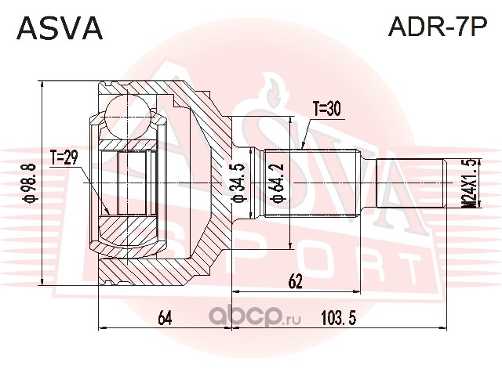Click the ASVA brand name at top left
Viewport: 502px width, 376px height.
click(x=60, y=28)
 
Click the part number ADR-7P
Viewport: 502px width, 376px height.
click(x=438, y=27)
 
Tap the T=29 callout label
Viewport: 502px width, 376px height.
click(x=64, y=157)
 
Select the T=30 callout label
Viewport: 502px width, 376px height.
click(x=327, y=110)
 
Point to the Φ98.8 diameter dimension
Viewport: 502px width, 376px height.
click(x=31, y=183)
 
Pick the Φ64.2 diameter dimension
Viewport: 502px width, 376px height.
click(x=277, y=183)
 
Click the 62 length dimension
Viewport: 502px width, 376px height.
click(x=295, y=282)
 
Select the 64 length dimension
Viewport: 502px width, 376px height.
click(x=166, y=318)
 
